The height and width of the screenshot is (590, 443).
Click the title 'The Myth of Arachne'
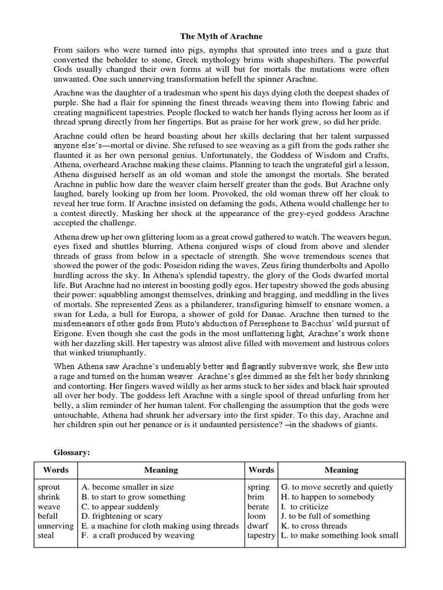tap(221, 36)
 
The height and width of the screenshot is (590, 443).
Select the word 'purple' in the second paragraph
tap(67, 103)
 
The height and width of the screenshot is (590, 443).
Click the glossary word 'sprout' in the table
tap(49, 487)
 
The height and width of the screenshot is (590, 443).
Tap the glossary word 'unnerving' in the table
tap(56, 525)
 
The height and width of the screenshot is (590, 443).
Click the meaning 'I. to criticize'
tap(304, 506)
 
